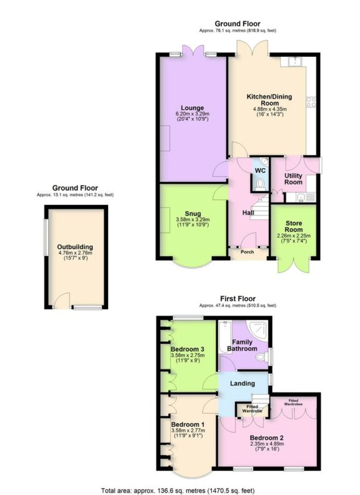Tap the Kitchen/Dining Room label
tap(270, 99)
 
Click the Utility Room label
tap(294, 179)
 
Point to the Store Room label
tap(294, 226)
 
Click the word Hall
tap(248, 213)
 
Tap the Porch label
tap(248, 252)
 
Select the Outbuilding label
tap(76, 247)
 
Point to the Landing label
tap(242, 383)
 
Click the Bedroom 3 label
tap(187, 348)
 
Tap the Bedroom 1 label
tap(187, 423)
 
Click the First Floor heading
tap(237, 299)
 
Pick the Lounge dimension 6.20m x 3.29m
tap(192, 114)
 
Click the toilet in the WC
tap(260, 183)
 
